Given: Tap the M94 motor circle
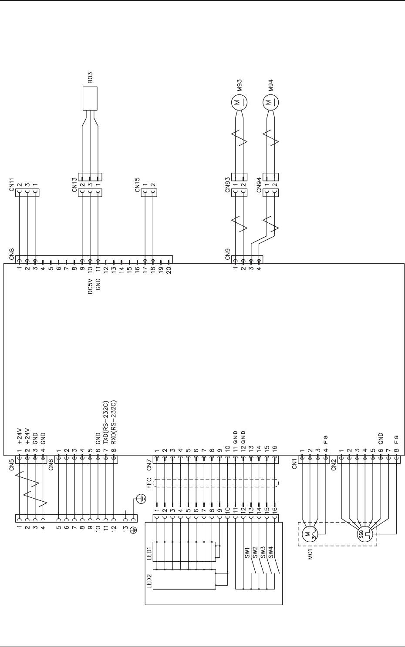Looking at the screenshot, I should (270, 103).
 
